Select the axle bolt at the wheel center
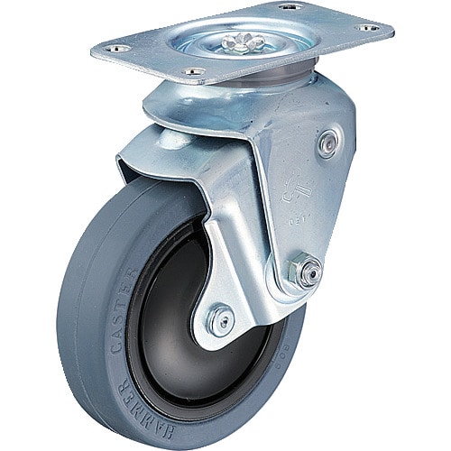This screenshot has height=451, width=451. pyautogui.click(x=219, y=318)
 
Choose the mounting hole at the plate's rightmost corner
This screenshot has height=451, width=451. pyautogui.click(x=367, y=29)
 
